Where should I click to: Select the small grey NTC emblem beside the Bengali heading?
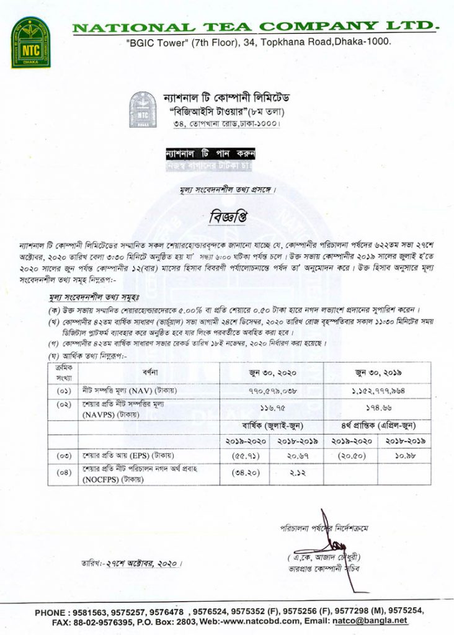[x=143, y=110]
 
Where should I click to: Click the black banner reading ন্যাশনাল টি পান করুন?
[x=210, y=153]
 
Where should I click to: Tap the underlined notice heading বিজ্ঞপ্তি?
[x=227, y=218]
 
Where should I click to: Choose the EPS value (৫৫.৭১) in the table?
[x=243, y=456]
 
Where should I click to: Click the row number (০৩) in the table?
[x=64, y=456]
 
